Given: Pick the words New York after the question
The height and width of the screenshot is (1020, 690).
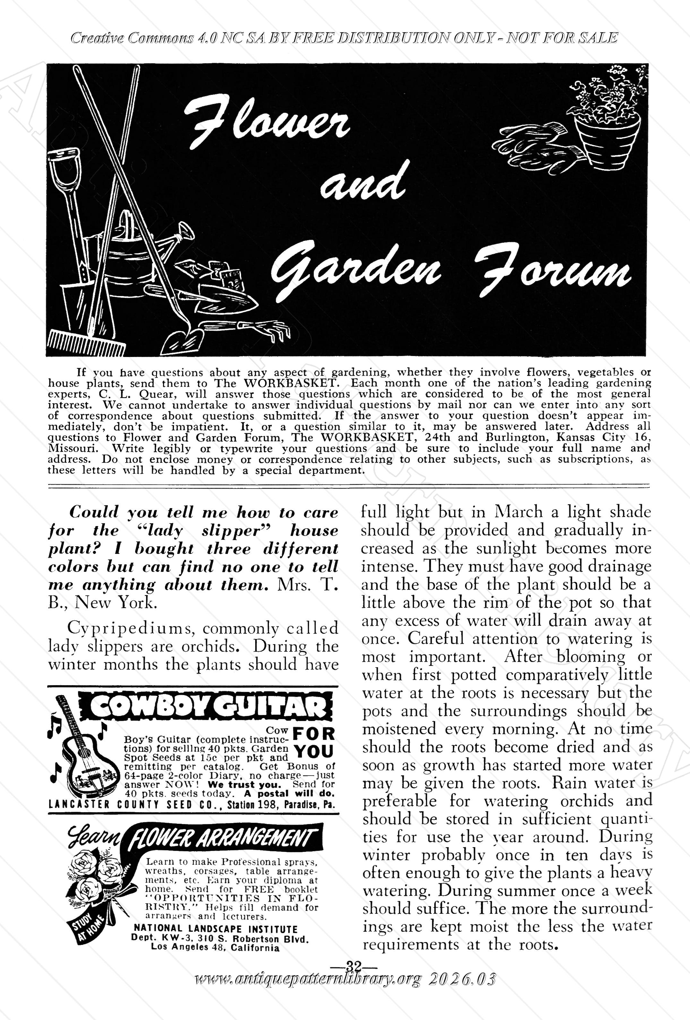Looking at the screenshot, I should click(x=115, y=603).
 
